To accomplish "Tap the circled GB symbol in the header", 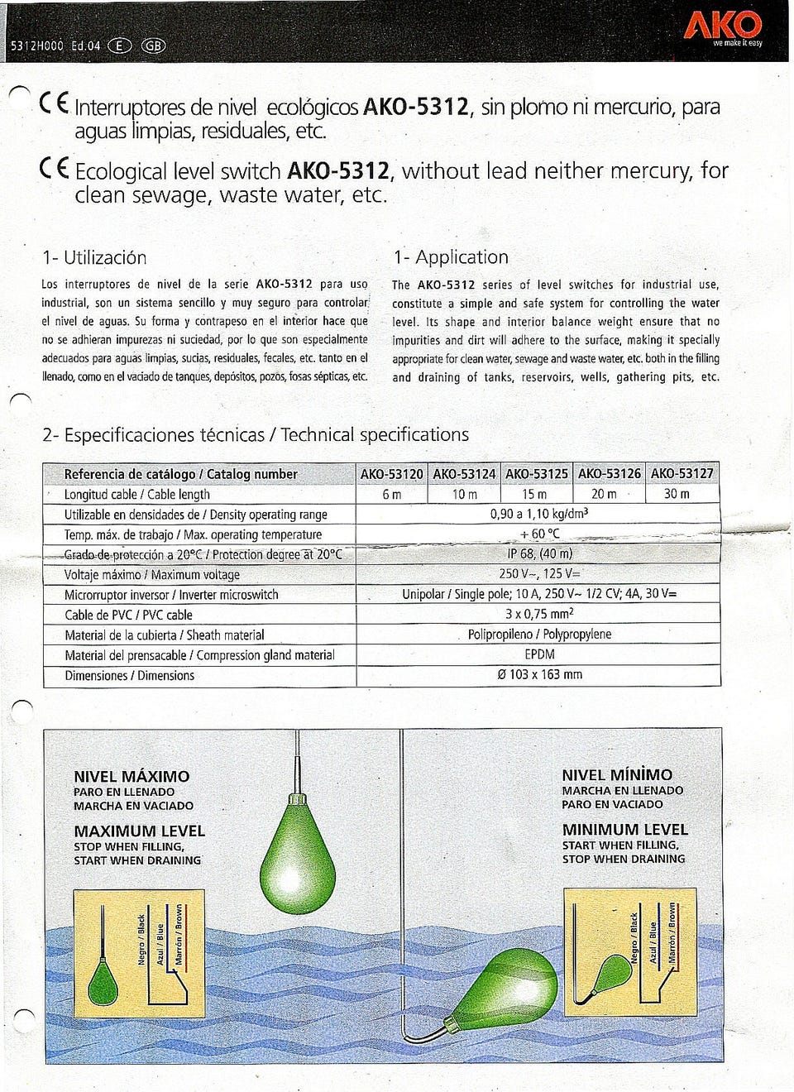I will [154, 45].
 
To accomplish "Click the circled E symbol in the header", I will [120, 45].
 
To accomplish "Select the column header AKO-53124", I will [464, 474].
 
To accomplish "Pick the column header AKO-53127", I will [682, 473].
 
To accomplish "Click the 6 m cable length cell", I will [391, 494].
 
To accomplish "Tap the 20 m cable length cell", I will [604, 494].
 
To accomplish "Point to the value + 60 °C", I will [539, 534].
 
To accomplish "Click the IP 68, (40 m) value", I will [539, 553].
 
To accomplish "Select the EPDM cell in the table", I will [539, 654].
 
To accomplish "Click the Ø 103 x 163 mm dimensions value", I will [539, 674].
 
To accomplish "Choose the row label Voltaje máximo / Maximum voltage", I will [152, 574].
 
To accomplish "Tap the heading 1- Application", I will [451, 257].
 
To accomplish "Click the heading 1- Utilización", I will [94, 257].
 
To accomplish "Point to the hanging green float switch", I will [298, 852].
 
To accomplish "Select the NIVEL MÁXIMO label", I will [132, 776].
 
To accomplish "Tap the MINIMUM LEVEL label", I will [624, 830].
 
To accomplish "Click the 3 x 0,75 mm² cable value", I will [539, 614].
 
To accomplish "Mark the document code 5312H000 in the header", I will [36, 46].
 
